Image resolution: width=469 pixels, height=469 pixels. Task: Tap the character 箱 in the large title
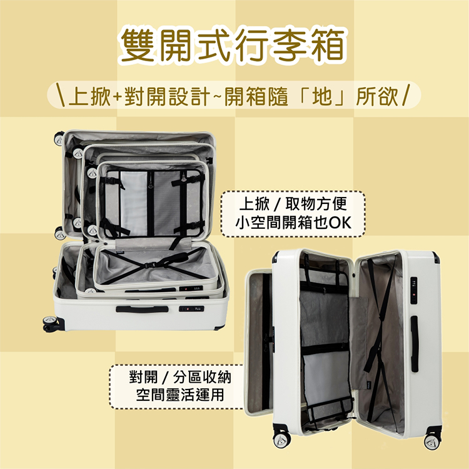click(328, 46)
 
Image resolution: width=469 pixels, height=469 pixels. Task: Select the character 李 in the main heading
click(291, 46)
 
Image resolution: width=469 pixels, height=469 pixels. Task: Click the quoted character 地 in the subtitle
click(323, 96)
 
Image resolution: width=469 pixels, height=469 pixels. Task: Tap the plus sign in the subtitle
click(118, 97)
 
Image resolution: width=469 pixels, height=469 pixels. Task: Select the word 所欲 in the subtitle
click(378, 96)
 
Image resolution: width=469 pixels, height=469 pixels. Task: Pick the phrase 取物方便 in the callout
click(316, 204)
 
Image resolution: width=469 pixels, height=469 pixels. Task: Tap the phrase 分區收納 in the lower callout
click(202, 377)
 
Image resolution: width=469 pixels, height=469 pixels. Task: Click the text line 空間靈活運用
click(180, 395)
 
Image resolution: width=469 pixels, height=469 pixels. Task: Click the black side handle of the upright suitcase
click(414, 344)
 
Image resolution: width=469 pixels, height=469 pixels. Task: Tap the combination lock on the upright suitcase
click(414, 290)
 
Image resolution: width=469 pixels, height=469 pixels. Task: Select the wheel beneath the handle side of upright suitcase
click(432, 440)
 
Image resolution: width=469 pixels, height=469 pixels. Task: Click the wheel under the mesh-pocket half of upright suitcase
click(281, 438)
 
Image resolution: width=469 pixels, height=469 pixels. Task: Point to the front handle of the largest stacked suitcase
click(142, 310)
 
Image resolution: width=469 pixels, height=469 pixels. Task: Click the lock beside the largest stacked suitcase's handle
click(191, 309)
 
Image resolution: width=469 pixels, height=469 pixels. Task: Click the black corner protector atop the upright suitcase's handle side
click(435, 257)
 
